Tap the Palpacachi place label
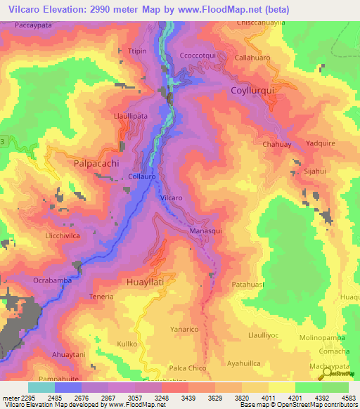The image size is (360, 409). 96,163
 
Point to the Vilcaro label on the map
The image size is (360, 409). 172,198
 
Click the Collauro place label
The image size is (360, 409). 141,177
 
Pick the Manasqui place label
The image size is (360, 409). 205,231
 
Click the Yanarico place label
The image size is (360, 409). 204,329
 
